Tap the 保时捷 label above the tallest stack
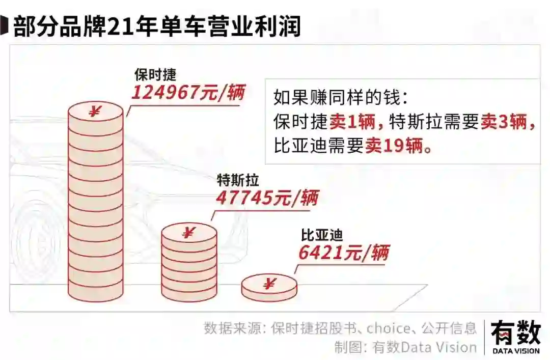coord(155,74)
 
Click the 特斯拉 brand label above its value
coord(238,180)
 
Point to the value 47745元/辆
coord(267,197)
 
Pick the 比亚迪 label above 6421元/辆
coord(322,235)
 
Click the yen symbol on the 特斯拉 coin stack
coord(188,233)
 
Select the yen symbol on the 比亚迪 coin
coord(268,284)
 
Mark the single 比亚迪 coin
coord(268,288)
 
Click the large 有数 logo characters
coord(515,334)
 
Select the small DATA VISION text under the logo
coord(515,350)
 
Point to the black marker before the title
coord(5,26)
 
